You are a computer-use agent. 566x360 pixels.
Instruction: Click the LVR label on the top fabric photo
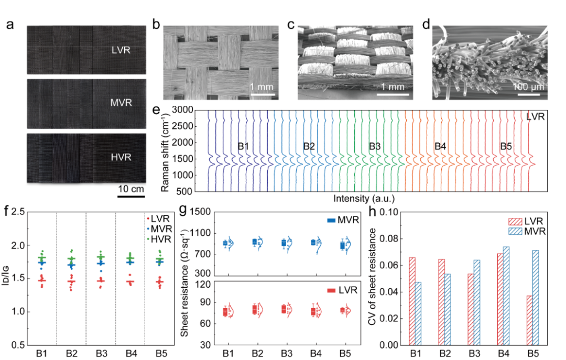[121, 50]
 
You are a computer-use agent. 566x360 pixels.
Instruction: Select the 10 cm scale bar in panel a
[130, 197]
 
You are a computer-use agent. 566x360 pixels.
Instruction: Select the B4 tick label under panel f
[131, 353]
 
